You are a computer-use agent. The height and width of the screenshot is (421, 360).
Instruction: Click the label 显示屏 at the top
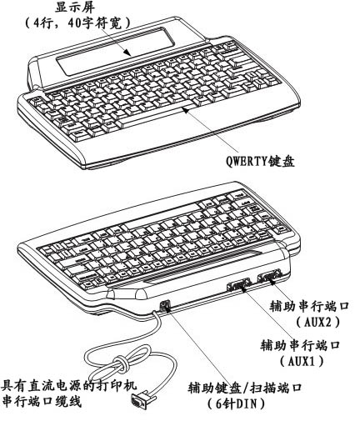click(75, 8)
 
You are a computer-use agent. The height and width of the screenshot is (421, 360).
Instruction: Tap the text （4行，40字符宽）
click(77, 23)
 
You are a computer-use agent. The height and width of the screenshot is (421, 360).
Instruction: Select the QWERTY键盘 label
click(260, 161)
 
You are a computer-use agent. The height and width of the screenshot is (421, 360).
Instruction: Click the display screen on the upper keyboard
click(116, 52)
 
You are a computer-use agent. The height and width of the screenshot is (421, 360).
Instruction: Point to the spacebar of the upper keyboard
click(156, 114)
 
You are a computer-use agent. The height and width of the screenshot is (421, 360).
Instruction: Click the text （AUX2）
click(317, 323)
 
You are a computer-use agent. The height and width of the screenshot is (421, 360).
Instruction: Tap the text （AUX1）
click(302, 361)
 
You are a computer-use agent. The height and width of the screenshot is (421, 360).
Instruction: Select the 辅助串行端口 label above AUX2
click(309, 307)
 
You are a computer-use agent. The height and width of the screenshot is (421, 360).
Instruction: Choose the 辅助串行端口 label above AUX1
click(300, 345)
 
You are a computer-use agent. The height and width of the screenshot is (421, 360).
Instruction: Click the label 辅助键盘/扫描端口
click(245, 388)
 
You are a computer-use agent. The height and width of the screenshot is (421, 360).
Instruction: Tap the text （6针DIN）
click(236, 404)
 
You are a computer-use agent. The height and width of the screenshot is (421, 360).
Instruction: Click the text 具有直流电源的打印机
click(69, 386)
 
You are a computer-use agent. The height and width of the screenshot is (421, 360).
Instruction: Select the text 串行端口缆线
click(42, 402)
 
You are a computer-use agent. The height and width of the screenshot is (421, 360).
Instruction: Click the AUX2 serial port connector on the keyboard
click(269, 277)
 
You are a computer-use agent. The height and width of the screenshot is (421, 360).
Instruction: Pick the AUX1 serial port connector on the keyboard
click(239, 284)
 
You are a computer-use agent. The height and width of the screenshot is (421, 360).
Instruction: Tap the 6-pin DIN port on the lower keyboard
click(165, 306)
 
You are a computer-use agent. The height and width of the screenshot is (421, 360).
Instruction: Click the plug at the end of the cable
click(141, 400)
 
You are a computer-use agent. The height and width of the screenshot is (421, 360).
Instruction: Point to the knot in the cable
click(121, 363)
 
